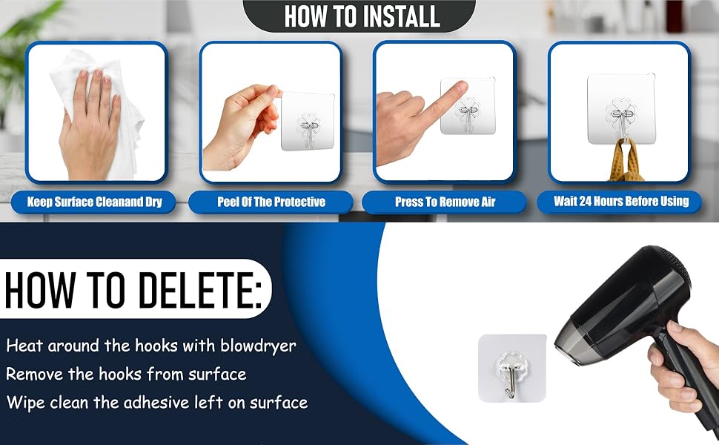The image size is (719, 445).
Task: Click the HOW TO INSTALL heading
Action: tap(362, 16)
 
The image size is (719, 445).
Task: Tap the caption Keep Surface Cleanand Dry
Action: tap(94, 202)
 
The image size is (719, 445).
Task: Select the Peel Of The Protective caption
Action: tap(271, 202)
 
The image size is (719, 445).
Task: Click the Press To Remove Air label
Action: tap(445, 202)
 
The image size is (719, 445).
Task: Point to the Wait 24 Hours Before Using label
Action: tap(621, 202)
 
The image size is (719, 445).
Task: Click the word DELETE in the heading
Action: tap(200, 290)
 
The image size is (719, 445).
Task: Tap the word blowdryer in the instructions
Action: tap(258, 346)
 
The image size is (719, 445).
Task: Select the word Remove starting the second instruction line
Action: tap(35, 374)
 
